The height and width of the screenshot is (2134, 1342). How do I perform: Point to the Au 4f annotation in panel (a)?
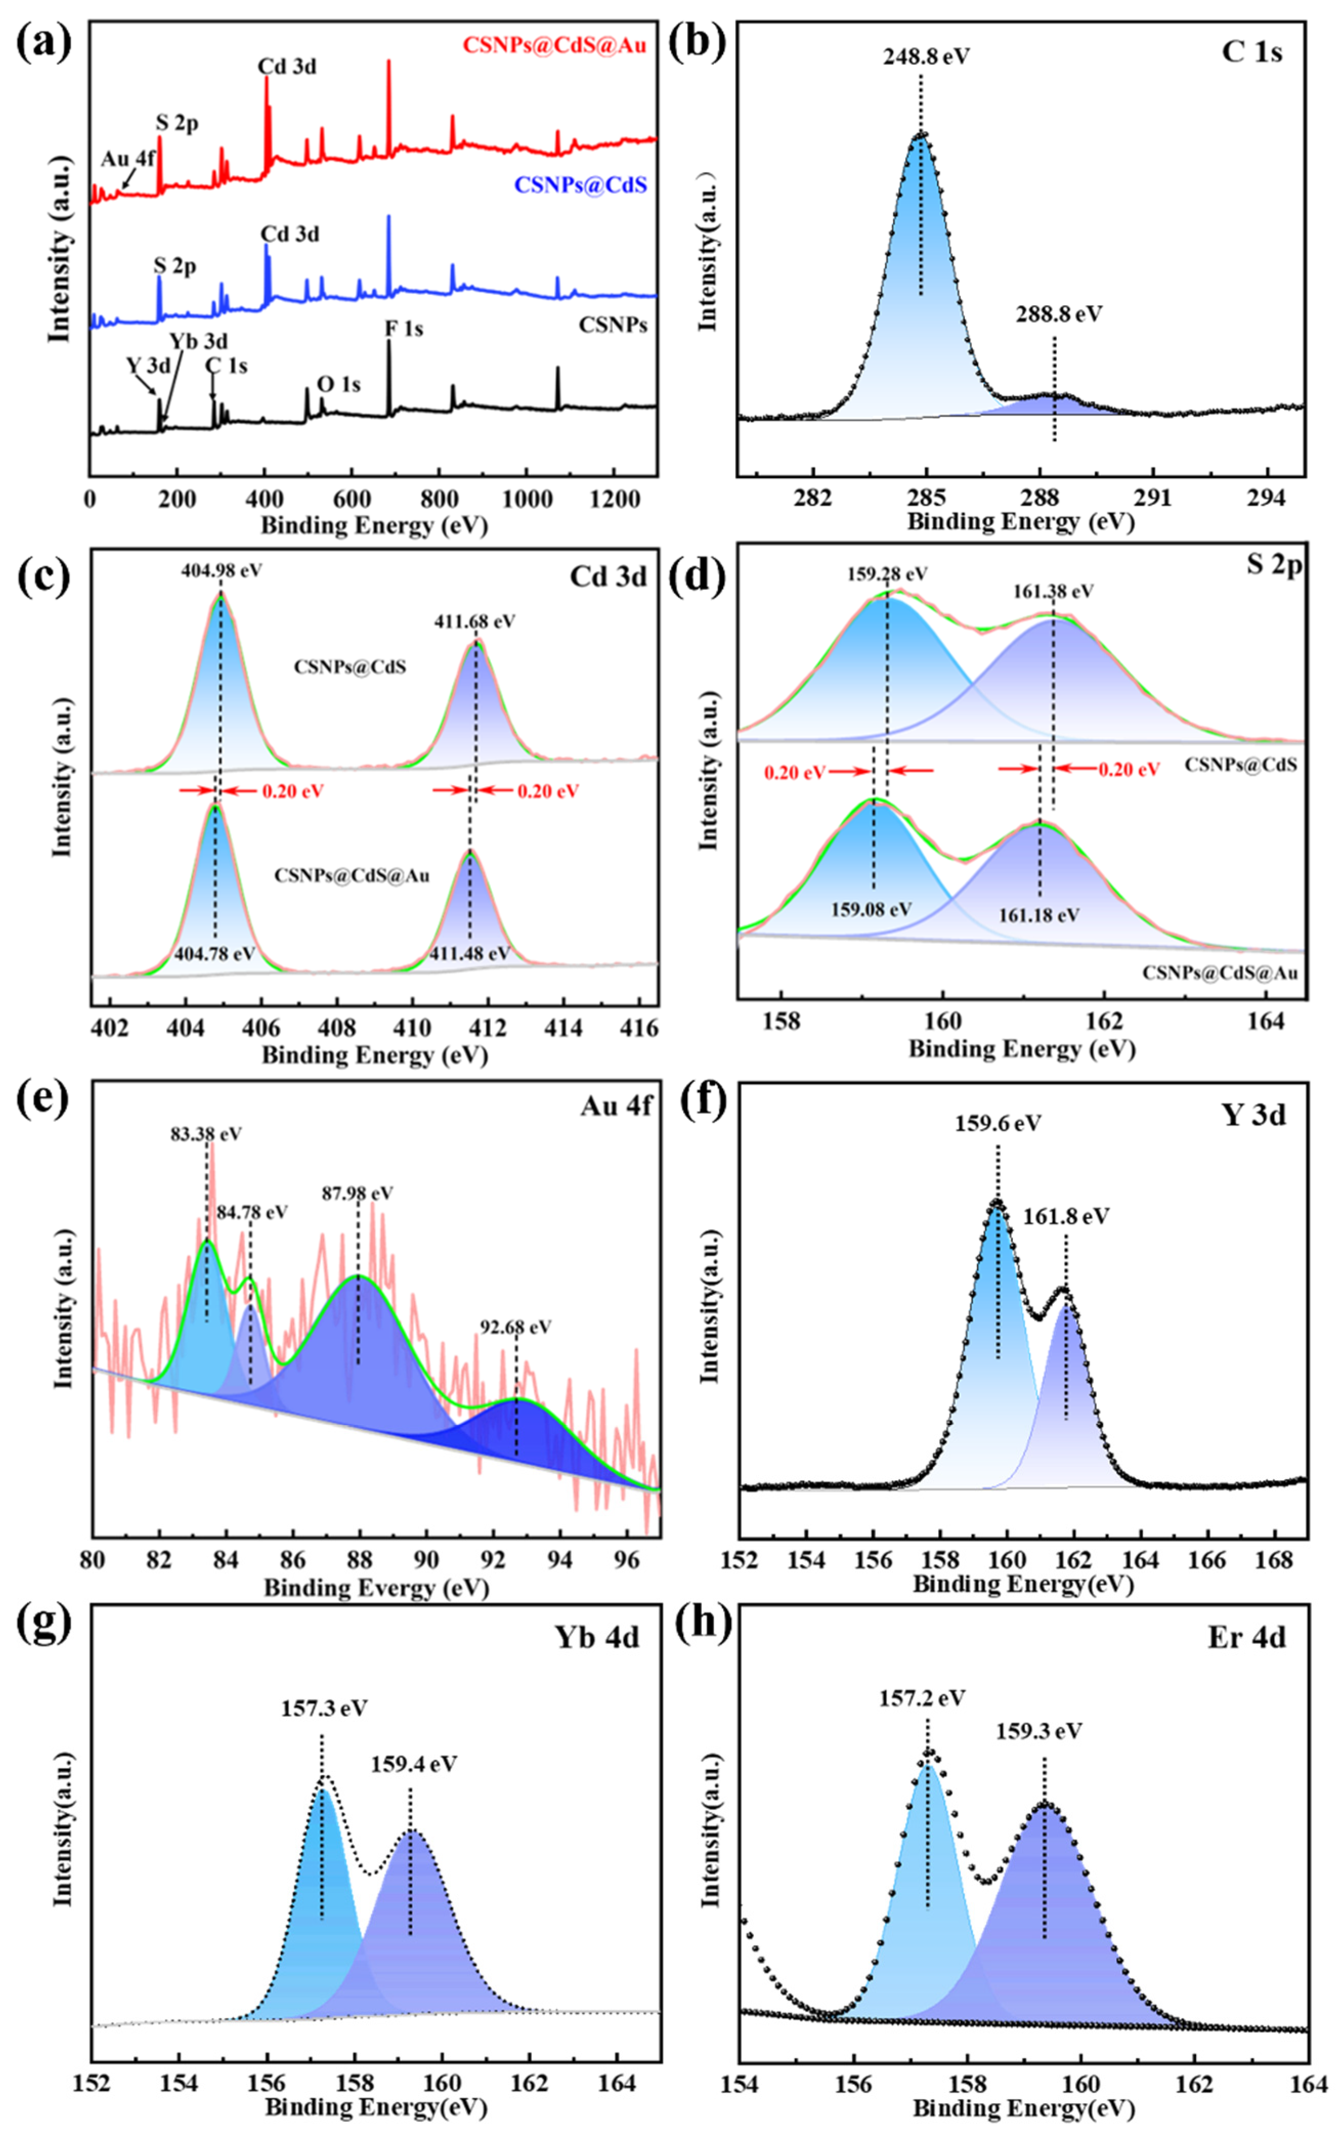(x=127, y=160)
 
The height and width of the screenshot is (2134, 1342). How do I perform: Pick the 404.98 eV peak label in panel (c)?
(x=221, y=571)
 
